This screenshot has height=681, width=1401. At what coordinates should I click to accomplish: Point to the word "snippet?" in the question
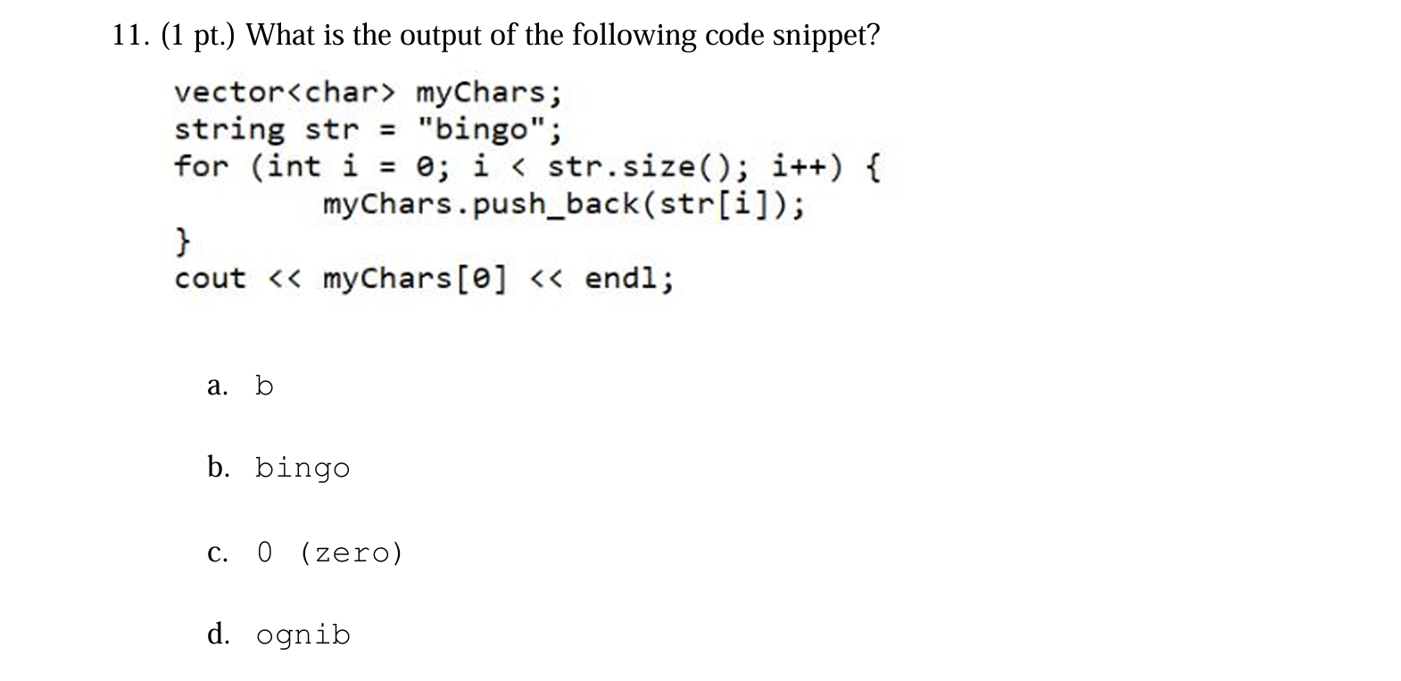pyautogui.click(x=825, y=36)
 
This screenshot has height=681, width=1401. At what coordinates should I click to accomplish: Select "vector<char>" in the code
pyautogui.click(x=284, y=93)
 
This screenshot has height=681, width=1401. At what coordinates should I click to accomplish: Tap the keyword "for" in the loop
pyautogui.click(x=201, y=167)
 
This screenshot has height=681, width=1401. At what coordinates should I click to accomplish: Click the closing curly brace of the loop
pyautogui.click(x=182, y=241)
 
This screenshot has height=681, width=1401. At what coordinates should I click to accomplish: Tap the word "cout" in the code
pyautogui.click(x=211, y=279)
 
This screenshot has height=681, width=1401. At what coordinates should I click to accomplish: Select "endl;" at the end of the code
pyautogui.click(x=629, y=279)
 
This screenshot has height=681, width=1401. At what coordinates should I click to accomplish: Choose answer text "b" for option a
pyautogui.click(x=264, y=386)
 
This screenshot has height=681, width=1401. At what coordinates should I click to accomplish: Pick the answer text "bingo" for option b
pyautogui.click(x=303, y=469)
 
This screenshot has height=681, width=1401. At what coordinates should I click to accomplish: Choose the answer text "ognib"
pyautogui.click(x=303, y=635)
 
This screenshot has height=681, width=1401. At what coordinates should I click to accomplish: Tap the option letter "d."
pyautogui.click(x=219, y=635)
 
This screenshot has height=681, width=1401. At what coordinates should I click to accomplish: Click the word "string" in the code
pyautogui.click(x=229, y=130)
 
